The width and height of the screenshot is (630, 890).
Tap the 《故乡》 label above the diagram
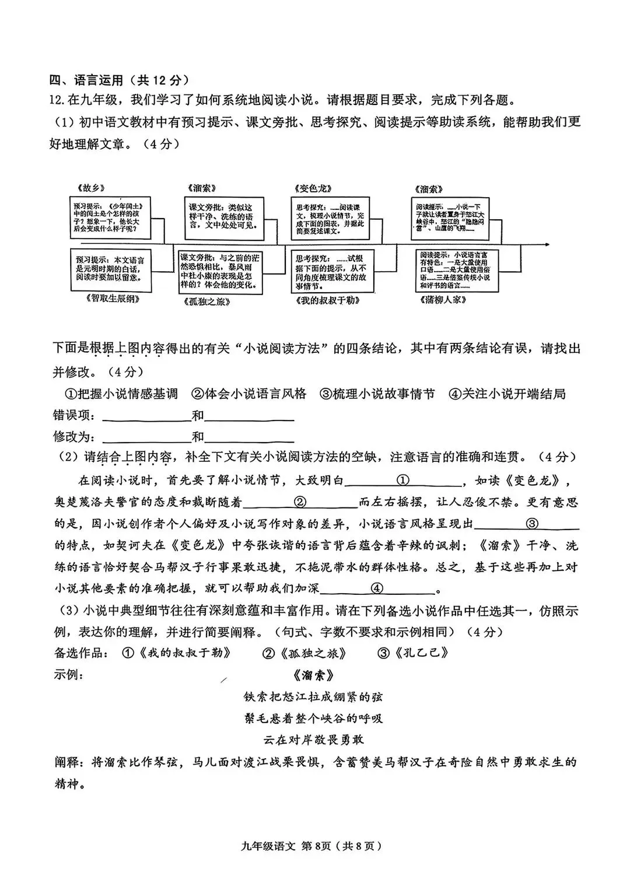click(90, 188)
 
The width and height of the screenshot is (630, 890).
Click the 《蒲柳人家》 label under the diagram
click(442, 300)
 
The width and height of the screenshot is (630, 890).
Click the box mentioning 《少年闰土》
click(108, 218)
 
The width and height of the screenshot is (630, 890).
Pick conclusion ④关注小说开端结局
click(507, 394)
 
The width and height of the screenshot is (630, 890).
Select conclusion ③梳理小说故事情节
click(377, 394)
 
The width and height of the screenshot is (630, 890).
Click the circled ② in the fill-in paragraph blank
click(300, 502)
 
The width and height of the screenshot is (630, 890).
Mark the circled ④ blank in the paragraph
click(377, 588)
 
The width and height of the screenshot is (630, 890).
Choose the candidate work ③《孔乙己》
click(413, 653)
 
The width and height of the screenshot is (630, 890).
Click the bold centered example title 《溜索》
click(314, 675)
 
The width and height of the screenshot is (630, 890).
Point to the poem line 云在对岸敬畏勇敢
click(314, 740)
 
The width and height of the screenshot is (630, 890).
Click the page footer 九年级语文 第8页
click(314, 846)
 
